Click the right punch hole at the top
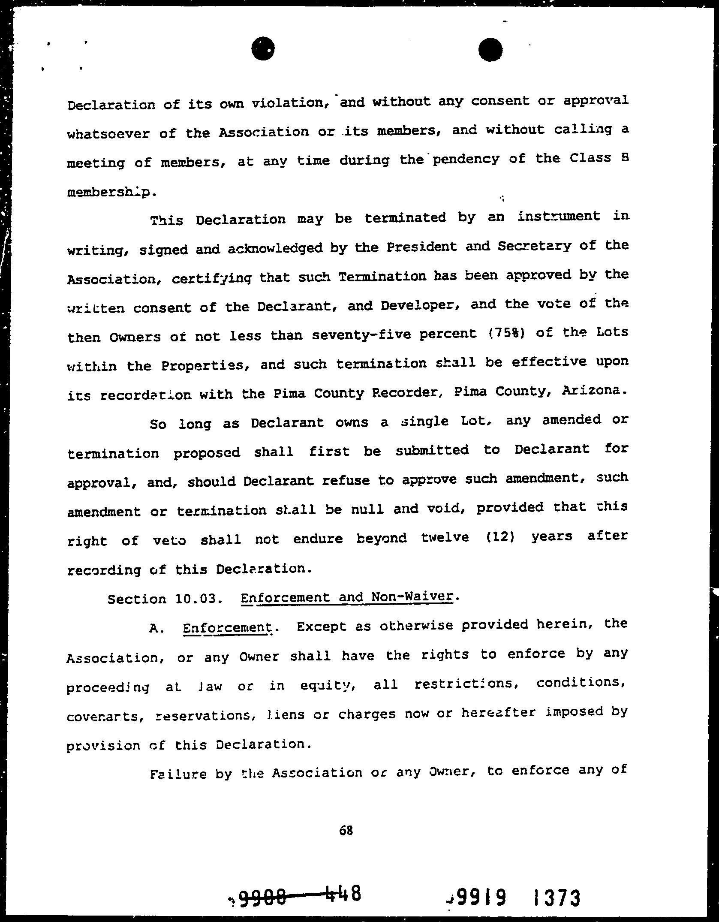[490, 50]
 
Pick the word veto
[169, 540]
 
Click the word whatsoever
[108, 133]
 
